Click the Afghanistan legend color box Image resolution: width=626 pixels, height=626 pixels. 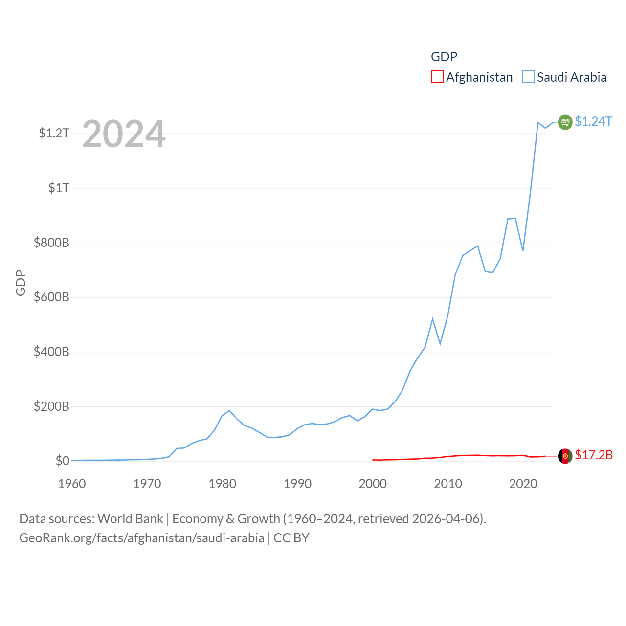point(437,77)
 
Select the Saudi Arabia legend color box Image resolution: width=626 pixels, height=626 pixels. point(528,77)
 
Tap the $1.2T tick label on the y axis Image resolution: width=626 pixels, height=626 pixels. point(54,133)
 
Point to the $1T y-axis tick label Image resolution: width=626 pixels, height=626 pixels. point(59,188)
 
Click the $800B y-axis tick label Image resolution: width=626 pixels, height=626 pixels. point(51,243)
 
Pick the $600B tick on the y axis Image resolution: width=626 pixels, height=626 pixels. point(51,297)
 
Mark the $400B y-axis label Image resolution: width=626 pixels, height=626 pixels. point(51,352)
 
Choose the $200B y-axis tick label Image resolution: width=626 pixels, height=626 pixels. point(51,406)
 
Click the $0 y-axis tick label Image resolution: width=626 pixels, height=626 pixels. point(62,461)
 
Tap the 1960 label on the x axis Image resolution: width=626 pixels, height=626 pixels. point(72,484)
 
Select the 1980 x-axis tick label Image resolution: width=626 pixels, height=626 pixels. point(222,484)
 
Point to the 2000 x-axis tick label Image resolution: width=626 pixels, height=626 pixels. point(373,484)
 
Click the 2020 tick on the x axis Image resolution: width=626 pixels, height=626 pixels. point(523,484)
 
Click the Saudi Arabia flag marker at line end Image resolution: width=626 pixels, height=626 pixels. point(565,122)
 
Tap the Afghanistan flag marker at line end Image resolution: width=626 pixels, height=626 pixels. point(565,456)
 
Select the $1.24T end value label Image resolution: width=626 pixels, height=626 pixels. point(593,121)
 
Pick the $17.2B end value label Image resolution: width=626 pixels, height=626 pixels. point(594,455)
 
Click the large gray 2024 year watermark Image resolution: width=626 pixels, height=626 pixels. point(124,134)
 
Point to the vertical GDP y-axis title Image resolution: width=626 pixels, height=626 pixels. point(21,283)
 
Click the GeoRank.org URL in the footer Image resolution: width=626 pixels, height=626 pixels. point(142,538)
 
